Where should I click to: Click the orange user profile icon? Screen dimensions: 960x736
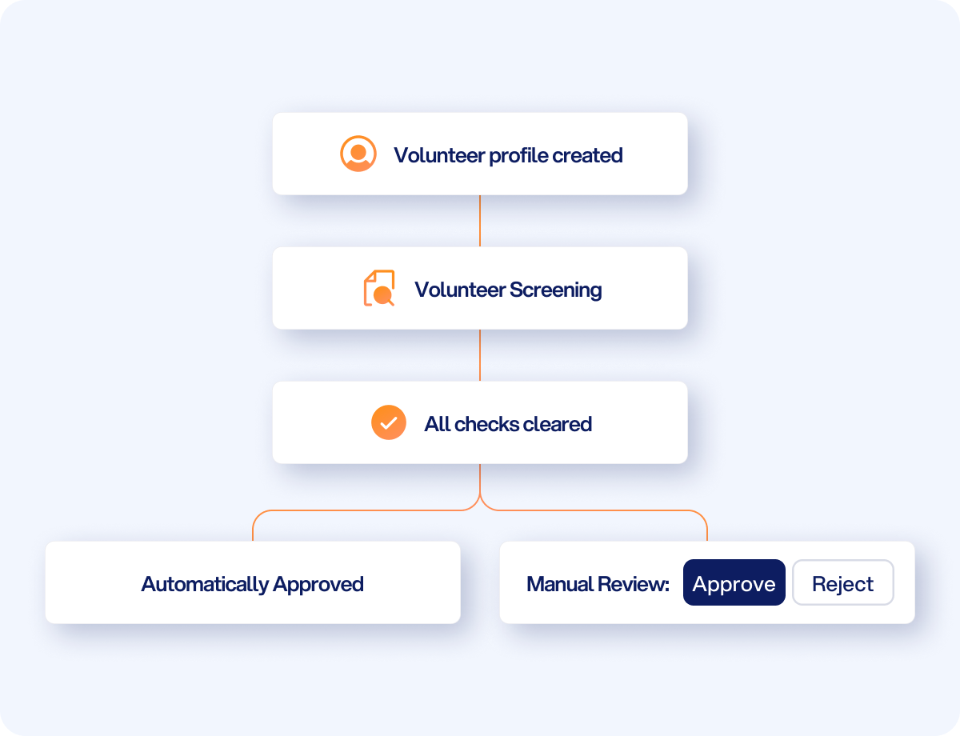(358, 154)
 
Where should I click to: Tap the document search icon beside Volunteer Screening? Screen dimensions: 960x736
(379, 288)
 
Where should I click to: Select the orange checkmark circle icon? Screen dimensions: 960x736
(388, 422)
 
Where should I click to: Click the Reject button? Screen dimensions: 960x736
(843, 582)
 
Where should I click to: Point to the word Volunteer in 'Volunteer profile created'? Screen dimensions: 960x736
(439, 155)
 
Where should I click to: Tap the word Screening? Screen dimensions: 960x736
(555, 290)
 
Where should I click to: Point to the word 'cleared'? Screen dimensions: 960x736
(557, 424)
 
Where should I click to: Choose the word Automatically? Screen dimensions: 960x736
(205, 585)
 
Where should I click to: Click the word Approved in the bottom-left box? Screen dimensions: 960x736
(318, 585)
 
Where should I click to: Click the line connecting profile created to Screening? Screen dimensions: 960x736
(480, 221)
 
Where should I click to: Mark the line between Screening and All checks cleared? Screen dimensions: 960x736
(480, 355)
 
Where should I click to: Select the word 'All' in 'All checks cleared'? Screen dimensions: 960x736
(438, 424)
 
